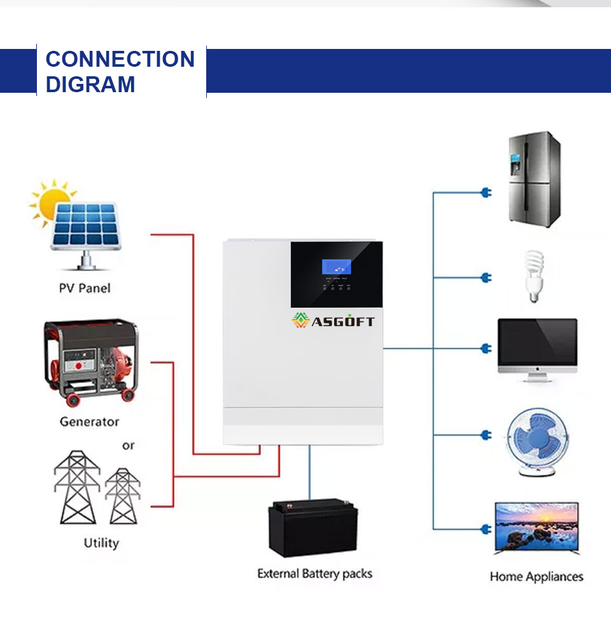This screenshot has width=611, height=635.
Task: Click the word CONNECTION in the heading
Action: (120, 59)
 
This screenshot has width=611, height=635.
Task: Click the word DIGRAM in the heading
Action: (90, 85)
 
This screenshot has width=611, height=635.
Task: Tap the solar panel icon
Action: (85, 235)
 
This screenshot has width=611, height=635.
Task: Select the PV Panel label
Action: (85, 288)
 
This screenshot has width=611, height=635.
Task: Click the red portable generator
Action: (91, 362)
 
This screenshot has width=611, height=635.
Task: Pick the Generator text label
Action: (89, 421)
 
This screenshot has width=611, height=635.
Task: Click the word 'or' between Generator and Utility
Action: (128, 446)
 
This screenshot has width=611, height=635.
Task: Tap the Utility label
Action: (101, 543)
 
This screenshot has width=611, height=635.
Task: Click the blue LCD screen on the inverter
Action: (337, 267)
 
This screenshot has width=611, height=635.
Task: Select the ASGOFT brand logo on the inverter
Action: (334, 320)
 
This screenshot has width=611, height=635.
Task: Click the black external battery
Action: (313, 528)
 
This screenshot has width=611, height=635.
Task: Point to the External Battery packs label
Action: (314, 574)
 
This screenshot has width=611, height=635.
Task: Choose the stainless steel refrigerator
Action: (535, 179)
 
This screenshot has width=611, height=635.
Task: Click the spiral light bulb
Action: (534, 277)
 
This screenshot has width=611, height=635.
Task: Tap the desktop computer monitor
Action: (538, 350)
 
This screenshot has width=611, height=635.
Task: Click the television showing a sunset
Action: (537, 528)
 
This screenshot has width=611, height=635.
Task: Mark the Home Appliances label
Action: (537, 577)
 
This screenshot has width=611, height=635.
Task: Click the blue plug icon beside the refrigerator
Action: (486, 193)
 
